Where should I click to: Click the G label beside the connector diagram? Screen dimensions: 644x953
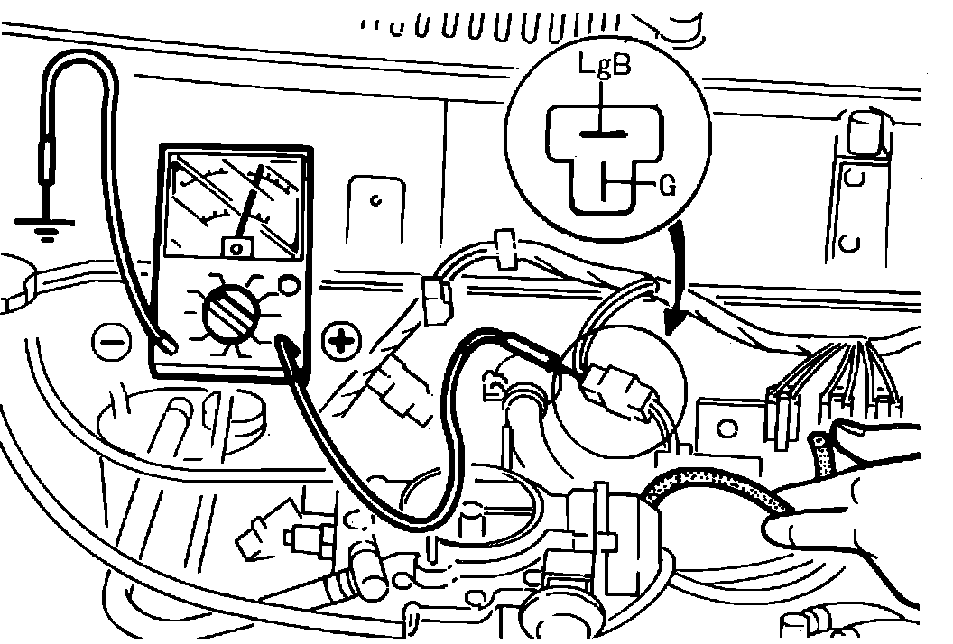[668, 187]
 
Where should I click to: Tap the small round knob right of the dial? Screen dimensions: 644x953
[289, 285]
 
